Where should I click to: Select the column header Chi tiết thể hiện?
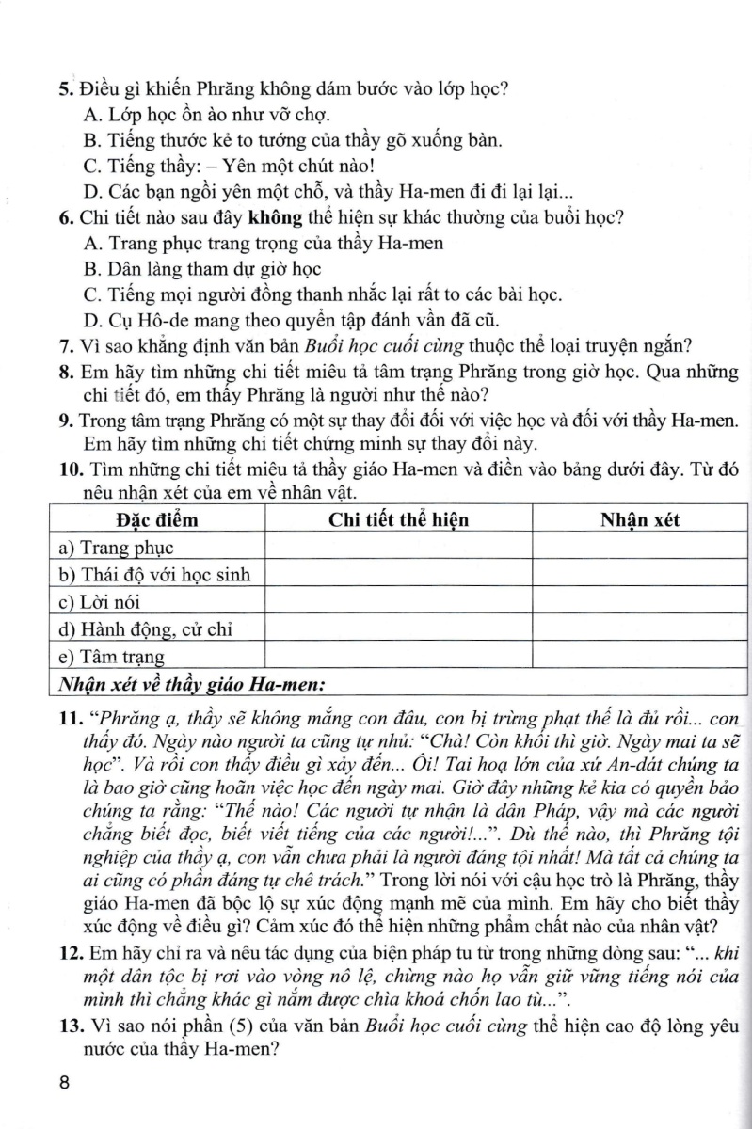pyautogui.click(x=398, y=520)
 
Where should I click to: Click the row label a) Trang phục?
pyautogui.click(x=116, y=547)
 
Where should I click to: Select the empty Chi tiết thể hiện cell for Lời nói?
pyautogui.click(x=398, y=601)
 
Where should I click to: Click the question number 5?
pyautogui.click(x=66, y=90)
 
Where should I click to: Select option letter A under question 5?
pyautogui.click(x=91, y=116)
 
